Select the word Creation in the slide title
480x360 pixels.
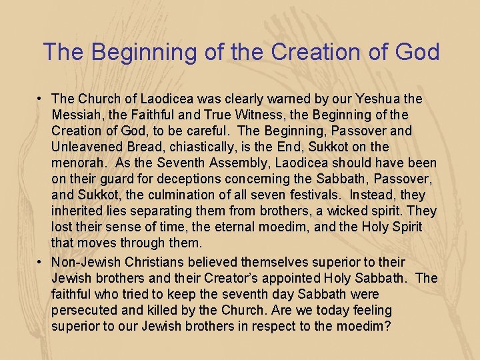click(x=296, y=52)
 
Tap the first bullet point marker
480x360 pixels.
click(x=41, y=99)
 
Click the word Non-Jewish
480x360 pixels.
click(x=85, y=262)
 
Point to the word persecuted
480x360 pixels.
click(x=84, y=310)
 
